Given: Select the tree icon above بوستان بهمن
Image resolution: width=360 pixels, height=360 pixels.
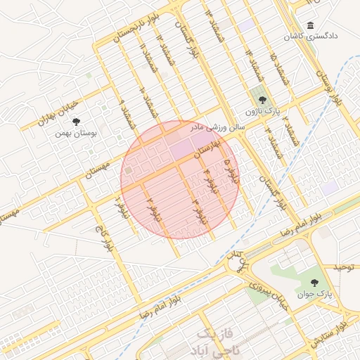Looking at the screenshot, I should click(86, 122).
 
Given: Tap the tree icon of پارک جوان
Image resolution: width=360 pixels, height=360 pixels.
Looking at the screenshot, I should click(314, 283).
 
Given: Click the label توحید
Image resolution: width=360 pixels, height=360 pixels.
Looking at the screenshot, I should click(346, 268).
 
